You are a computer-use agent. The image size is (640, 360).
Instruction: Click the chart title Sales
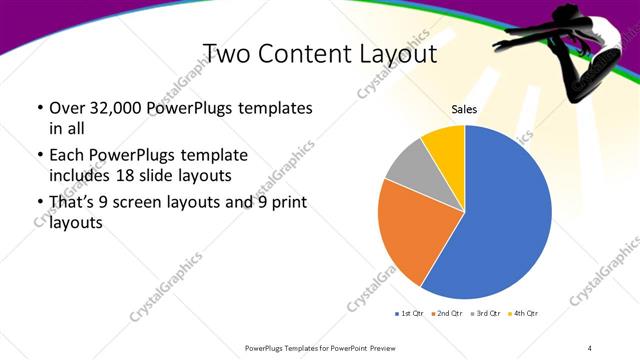click(x=464, y=108)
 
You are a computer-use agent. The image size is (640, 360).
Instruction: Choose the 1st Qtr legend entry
click(x=410, y=313)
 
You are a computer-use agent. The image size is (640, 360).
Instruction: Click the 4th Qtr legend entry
click(x=525, y=313)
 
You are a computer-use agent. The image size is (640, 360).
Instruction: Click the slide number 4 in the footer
click(x=590, y=347)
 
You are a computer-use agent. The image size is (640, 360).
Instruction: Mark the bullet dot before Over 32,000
click(x=39, y=108)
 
